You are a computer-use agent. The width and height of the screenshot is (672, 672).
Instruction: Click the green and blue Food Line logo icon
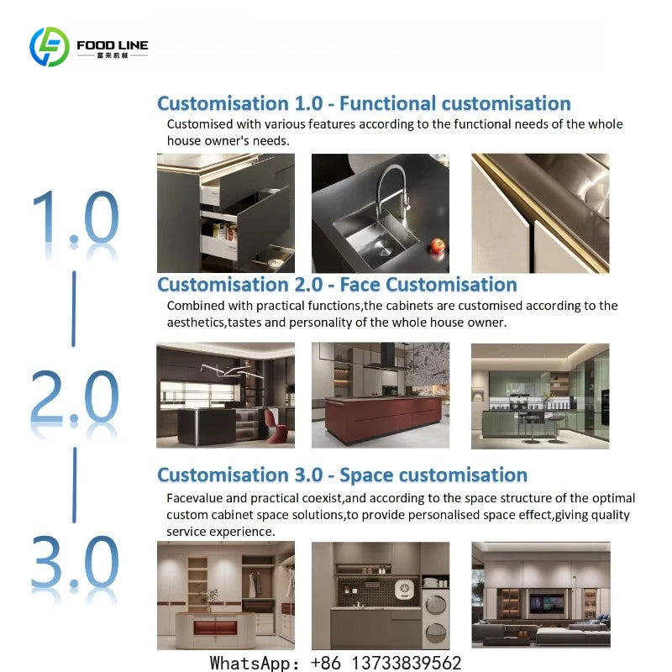coord(50,47)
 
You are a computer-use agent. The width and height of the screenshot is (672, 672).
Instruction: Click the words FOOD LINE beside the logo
coord(113,45)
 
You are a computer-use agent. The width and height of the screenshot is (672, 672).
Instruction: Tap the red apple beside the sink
coord(438,246)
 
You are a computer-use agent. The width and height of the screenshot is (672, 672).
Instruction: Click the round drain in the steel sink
coord(383,247)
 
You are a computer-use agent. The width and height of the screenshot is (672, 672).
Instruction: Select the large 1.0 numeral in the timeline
coord(76,218)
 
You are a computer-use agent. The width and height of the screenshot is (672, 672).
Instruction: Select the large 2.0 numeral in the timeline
coord(75,398)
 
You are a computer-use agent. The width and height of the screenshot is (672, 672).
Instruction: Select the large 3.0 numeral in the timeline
coord(75,562)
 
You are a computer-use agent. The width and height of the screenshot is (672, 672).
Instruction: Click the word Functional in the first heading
coord(388,103)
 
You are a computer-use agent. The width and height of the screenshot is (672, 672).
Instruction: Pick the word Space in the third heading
coord(366,475)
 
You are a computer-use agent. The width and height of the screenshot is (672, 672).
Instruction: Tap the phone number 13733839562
coord(407,663)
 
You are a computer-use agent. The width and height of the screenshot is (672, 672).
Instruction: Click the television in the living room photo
coord(547,603)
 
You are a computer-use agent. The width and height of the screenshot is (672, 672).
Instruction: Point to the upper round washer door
coord(435,603)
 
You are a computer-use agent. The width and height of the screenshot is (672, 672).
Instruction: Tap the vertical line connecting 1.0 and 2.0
coord(74,308)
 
